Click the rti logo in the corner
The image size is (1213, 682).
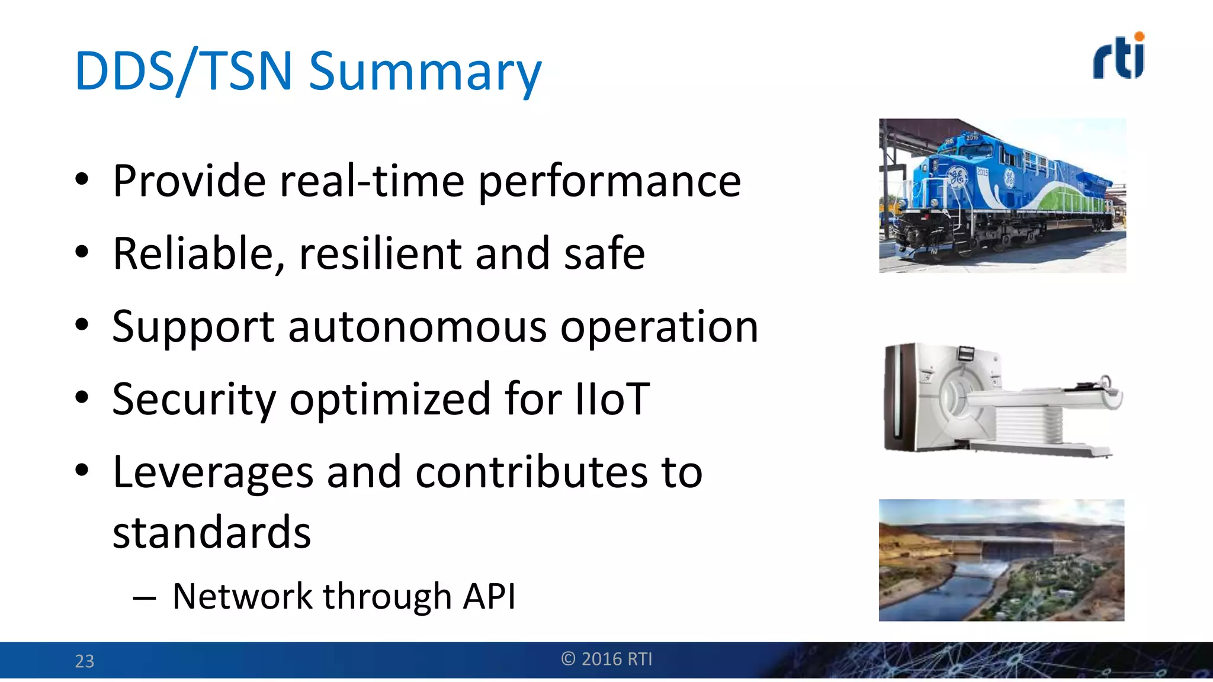coord(1118,56)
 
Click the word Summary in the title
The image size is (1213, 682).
coord(425,72)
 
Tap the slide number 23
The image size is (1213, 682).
coord(84,661)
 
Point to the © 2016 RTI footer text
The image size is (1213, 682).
coord(606,659)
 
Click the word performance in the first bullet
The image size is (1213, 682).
coord(609,182)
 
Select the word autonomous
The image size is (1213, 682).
coord(418,327)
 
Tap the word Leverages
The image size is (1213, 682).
coord(213,472)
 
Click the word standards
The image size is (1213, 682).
coord(211,532)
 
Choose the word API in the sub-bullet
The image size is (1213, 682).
coord(489,596)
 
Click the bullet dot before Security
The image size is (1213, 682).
coord(82,397)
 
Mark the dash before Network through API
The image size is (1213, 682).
coord(145,598)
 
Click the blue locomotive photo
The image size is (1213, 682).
coord(1002,195)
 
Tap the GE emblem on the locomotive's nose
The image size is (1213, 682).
coord(956,176)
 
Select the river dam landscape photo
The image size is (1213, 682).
coord(1001,560)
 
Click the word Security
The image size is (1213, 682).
coord(194,399)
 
